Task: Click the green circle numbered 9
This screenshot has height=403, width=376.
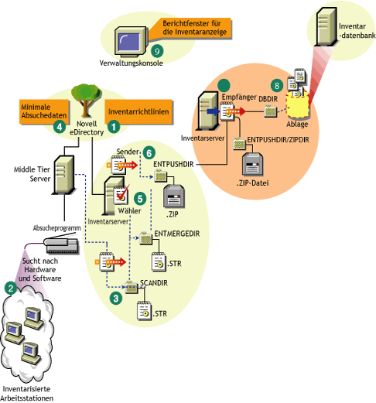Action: click(159, 50)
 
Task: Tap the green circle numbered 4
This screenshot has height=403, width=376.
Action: click(58, 125)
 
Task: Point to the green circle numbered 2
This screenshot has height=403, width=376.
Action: click(10, 287)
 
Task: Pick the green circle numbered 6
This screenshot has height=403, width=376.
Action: click(150, 153)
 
